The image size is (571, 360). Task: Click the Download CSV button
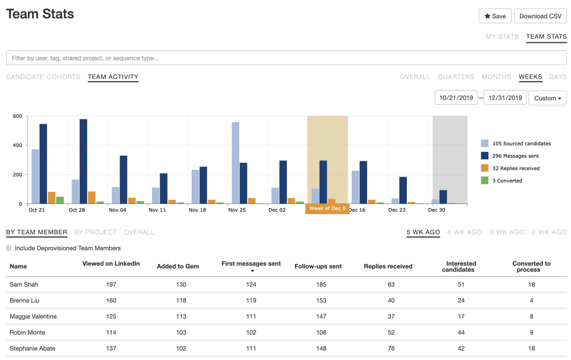click(x=540, y=16)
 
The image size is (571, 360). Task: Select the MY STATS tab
click(x=502, y=36)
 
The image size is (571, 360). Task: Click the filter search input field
click(x=286, y=58)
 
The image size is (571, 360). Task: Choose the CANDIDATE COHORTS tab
click(x=43, y=77)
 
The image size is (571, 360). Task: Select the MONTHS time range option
click(x=496, y=77)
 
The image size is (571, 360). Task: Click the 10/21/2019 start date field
click(x=456, y=98)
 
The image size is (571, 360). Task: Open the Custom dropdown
click(x=547, y=98)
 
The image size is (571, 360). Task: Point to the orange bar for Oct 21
click(x=52, y=198)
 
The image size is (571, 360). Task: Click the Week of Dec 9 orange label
click(x=327, y=209)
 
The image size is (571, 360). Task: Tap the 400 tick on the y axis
click(x=17, y=145)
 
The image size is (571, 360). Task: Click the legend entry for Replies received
click(x=515, y=168)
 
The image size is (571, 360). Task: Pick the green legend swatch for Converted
click(x=485, y=181)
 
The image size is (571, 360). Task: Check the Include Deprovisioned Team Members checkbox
click(x=9, y=248)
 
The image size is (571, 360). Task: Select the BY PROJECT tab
click(x=96, y=232)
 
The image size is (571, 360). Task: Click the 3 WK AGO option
click(x=507, y=232)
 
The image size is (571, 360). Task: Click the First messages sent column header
click(x=251, y=264)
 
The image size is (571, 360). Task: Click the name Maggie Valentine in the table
click(x=33, y=317)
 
